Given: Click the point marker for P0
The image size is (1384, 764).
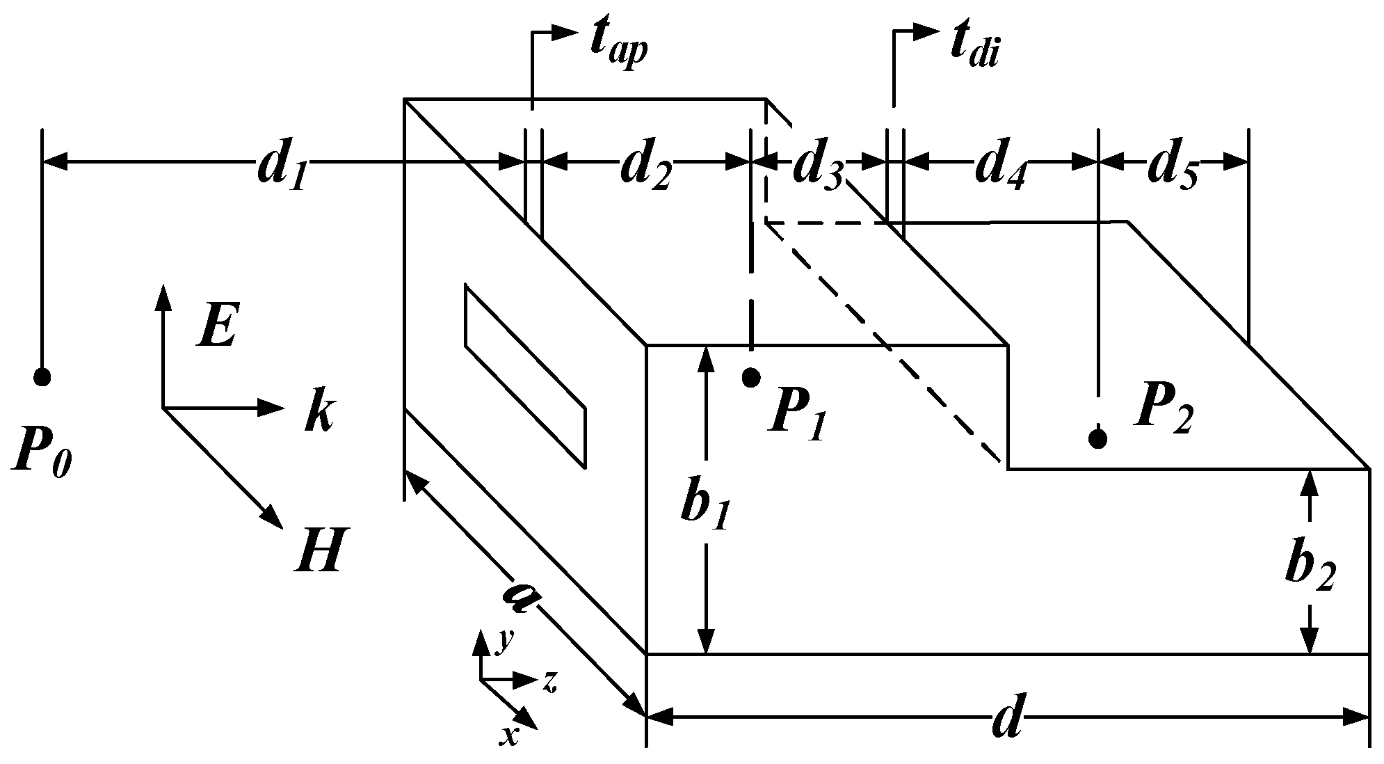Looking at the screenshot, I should point(42,377).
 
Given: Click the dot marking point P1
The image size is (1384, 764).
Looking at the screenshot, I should point(751,377).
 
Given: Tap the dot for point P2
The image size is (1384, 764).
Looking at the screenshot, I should point(1098,438).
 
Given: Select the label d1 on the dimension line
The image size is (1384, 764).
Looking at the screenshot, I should point(282,169).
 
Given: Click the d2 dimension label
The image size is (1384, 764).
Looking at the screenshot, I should point(645,169).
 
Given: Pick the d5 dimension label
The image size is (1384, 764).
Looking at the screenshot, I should point(1173,169).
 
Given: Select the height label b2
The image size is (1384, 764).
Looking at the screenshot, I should point(1309,568).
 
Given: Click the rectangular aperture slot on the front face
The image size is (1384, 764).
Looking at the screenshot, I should point(525,374).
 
